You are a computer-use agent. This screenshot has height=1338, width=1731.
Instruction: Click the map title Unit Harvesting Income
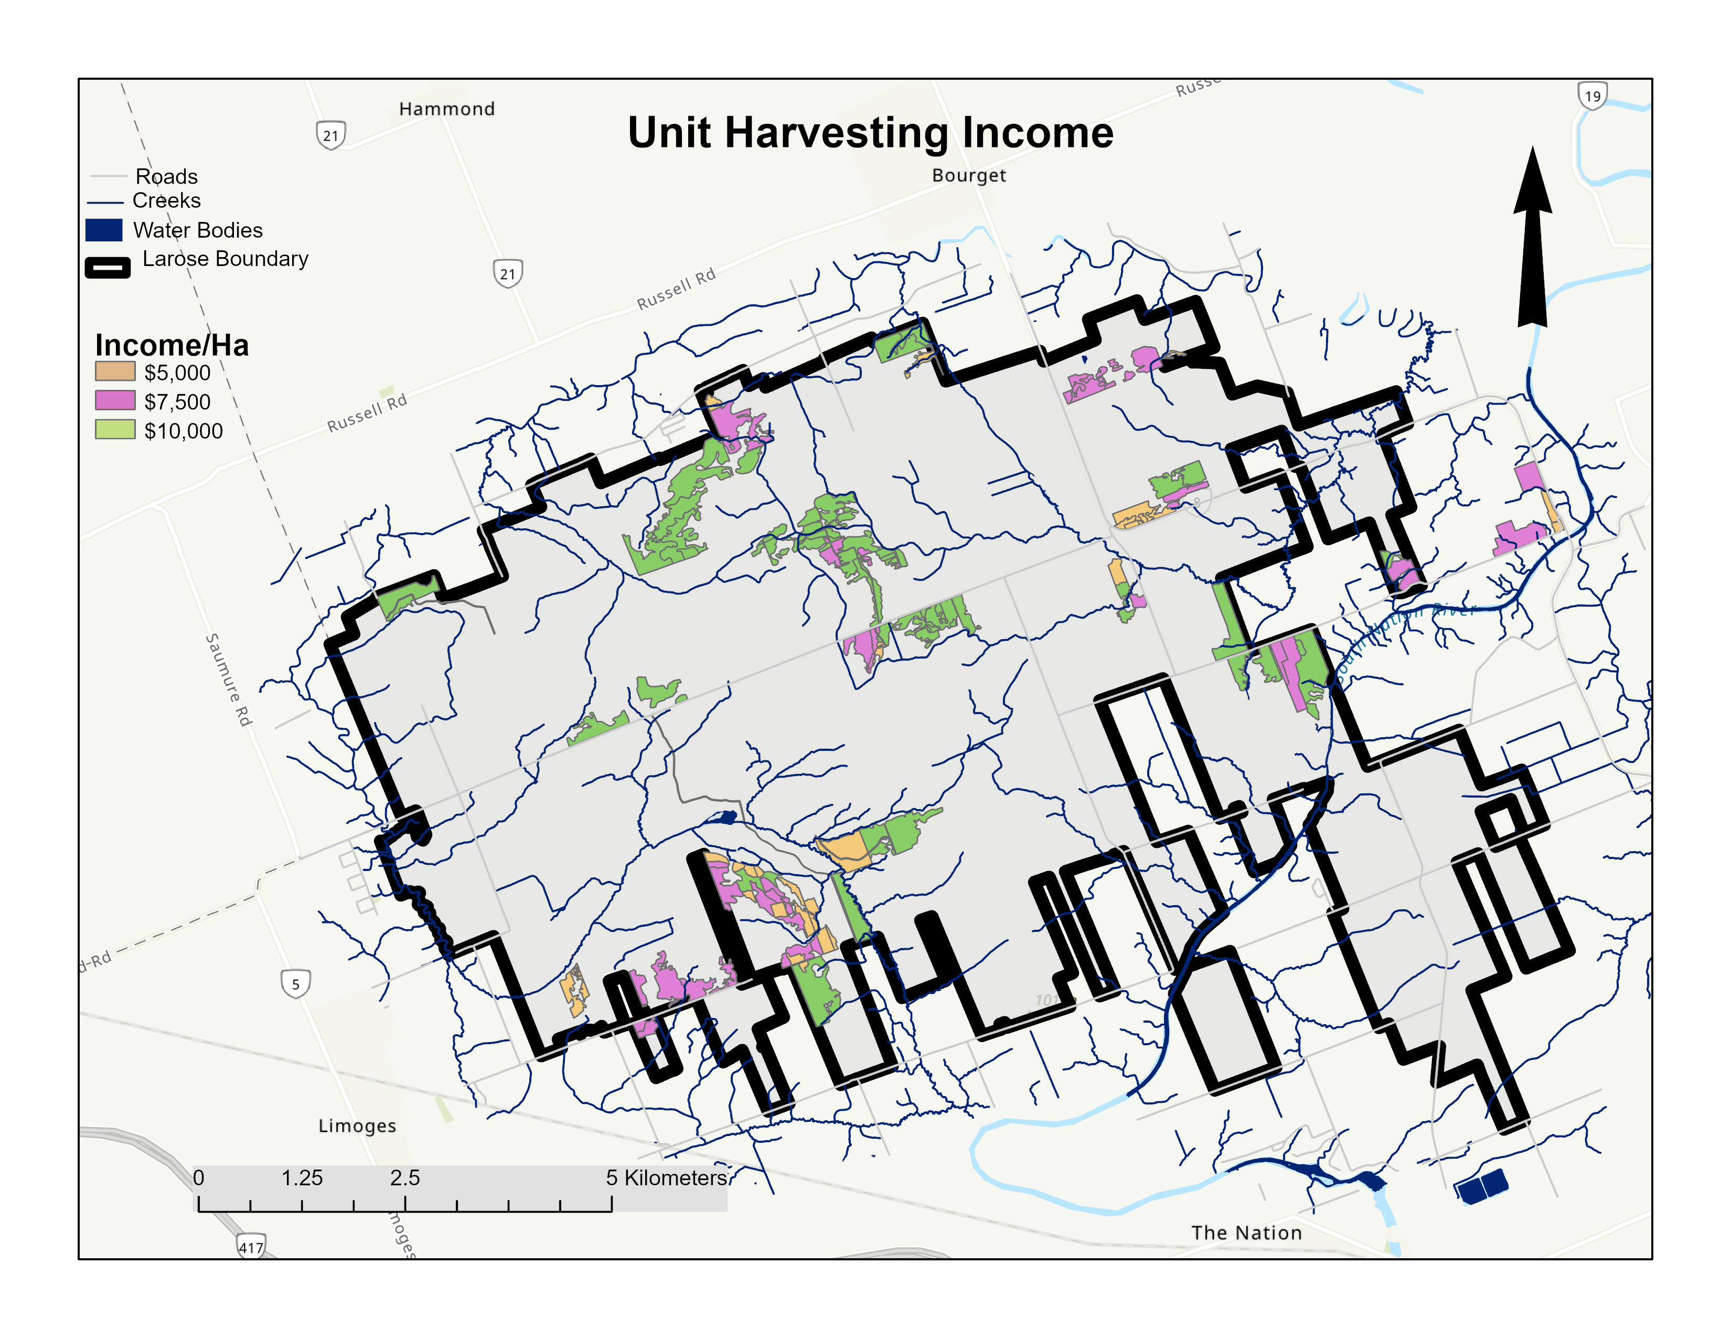(x=870, y=132)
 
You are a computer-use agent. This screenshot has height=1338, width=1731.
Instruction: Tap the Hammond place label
(x=446, y=109)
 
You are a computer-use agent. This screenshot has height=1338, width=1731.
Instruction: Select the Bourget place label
(x=968, y=175)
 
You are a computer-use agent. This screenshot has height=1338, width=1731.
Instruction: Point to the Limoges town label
(x=357, y=1125)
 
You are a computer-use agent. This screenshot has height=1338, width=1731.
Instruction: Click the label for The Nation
(x=1245, y=1233)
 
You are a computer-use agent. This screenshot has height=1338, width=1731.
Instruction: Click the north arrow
(x=1532, y=237)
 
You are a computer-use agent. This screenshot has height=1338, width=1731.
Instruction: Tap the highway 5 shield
(x=296, y=984)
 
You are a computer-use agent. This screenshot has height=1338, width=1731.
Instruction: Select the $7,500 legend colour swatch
(x=115, y=400)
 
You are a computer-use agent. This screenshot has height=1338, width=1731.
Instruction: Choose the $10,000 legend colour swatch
(x=115, y=430)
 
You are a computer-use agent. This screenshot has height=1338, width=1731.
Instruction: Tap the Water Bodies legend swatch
(x=104, y=230)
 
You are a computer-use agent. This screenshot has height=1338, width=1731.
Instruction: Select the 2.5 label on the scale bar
(x=404, y=1178)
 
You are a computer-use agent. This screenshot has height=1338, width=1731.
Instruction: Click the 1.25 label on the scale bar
(x=302, y=1178)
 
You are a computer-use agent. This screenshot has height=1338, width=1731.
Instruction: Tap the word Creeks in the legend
(x=166, y=200)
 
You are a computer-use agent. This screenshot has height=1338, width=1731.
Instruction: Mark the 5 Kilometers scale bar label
(x=667, y=1178)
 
